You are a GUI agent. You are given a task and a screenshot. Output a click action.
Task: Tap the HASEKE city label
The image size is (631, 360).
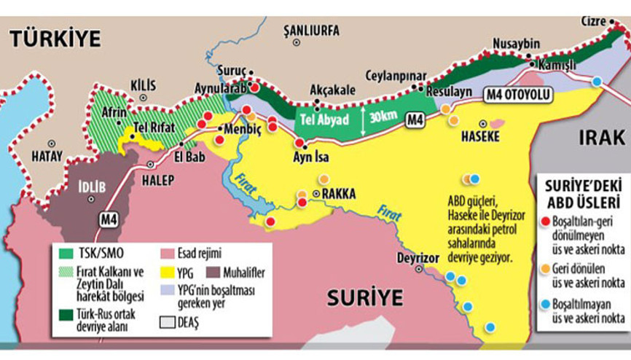[480, 136]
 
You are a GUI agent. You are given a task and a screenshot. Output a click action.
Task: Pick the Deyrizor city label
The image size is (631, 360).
[417, 258]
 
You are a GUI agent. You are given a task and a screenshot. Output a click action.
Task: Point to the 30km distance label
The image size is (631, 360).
[383, 117]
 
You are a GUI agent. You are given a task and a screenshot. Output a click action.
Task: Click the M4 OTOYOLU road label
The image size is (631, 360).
[518, 95]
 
